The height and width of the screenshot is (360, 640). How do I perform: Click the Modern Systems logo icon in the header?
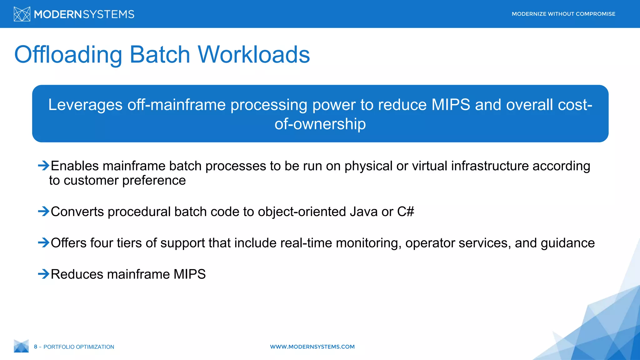coord(22,14)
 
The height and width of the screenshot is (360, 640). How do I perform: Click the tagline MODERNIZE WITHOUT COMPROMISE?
coord(563,14)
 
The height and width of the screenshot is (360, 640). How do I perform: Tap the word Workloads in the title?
coord(253,55)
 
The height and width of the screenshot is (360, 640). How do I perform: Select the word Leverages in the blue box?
coord(85,105)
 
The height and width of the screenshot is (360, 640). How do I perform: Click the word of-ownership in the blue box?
coord(320,124)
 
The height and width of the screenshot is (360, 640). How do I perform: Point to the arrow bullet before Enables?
coord(43,165)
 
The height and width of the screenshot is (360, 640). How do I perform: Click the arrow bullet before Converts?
coord(43,212)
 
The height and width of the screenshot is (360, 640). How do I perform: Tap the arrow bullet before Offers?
coord(43,242)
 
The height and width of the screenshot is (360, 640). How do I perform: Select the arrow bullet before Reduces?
coord(43,274)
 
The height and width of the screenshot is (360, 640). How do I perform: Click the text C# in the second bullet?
coord(405,212)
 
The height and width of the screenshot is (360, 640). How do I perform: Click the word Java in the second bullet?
coord(363,212)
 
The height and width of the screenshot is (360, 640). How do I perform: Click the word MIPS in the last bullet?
coord(189,274)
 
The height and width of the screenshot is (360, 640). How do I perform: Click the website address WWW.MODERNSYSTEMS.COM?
coord(312,347)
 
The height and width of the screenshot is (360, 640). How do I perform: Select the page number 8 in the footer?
coord(36,347)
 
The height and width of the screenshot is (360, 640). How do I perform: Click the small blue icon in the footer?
coord(21,346)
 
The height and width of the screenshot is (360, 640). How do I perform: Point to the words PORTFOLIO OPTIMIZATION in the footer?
coord(79,347)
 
